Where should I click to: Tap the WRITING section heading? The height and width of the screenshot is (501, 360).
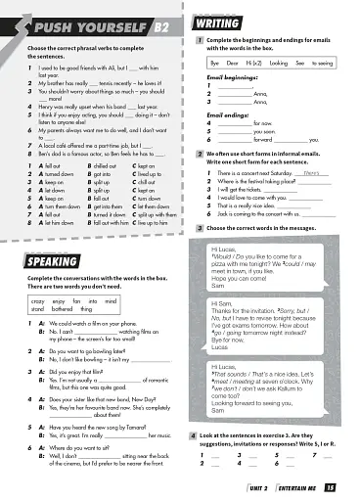click(x=219, y=21)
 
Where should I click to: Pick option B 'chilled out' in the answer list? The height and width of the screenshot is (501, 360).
click(x=103, y=167)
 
